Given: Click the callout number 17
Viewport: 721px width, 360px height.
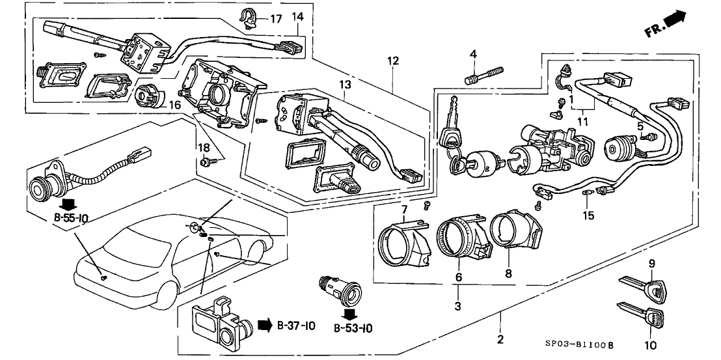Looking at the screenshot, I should (277, 19).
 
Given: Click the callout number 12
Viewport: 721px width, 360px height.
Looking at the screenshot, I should (392, 61).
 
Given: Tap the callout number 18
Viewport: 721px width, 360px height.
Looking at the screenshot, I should (202, 149).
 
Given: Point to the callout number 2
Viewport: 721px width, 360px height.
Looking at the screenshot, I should (500, 339).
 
